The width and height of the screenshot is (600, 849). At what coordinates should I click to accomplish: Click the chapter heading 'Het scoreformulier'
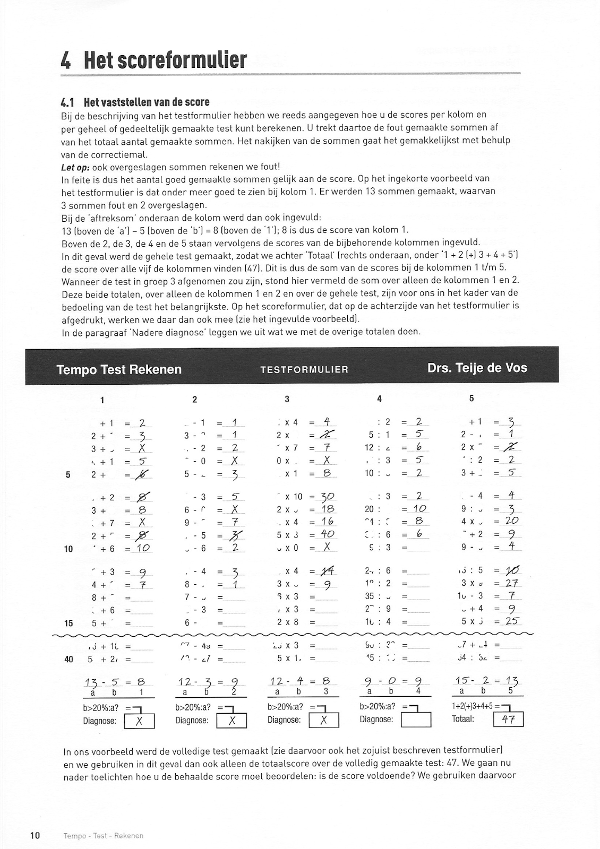click(x=165, y=60)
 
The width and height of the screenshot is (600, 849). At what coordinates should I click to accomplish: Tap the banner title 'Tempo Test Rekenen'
click(x=119, y=369)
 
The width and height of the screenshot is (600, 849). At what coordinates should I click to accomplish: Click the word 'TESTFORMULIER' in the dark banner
click(x=304, y=370)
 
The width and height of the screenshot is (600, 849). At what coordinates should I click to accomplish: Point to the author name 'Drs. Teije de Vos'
click(x=477, y=368)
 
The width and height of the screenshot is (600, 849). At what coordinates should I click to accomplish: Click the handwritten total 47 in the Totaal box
click(x=508, y=720)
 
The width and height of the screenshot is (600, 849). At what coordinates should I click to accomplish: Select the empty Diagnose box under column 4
click(x=416, y=720)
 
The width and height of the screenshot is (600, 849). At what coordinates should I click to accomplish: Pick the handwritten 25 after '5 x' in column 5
click(x=512, y=621)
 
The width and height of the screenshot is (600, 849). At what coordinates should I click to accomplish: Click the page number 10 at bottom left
click(x=35, y=836)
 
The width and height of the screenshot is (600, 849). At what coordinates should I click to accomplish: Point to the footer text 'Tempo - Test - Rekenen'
click(x=104, y=836)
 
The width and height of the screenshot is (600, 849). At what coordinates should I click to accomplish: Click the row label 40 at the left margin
click(x=68, y=660)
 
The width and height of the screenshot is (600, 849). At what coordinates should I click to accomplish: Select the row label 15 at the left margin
click(x=68, y=623)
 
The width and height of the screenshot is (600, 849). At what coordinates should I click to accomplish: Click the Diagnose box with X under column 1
click(x=139, y=721)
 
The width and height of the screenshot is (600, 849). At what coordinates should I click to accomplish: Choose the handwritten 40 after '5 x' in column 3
click(x=327, y=535)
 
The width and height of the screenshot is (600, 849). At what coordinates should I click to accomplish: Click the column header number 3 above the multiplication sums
click(x=287, y=399)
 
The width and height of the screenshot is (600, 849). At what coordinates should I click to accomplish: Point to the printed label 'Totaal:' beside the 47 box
click(x=463, y=720)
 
